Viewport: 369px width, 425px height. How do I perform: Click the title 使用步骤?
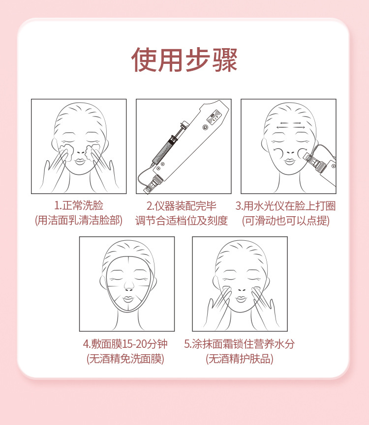184,60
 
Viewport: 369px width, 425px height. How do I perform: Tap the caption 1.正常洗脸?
79,205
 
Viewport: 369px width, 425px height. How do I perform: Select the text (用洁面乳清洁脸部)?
79,220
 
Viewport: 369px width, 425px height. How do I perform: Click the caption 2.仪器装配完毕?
182,206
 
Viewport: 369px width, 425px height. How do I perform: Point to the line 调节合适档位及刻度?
182,221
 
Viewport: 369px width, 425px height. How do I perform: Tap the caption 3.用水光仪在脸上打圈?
286,206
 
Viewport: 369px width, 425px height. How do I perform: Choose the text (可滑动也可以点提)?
286,221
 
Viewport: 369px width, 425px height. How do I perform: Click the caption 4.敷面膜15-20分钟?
125,344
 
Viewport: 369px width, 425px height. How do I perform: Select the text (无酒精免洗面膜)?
125,359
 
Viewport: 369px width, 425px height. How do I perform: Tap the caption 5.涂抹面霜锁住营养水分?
239,344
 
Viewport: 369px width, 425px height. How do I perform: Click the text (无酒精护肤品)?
239,359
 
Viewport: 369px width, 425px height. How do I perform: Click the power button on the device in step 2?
205,127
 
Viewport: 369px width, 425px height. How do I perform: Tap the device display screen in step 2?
214,116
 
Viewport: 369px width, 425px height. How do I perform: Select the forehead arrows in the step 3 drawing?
291,125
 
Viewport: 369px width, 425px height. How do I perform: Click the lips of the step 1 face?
80,162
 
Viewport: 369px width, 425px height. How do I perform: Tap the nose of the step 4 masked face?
128,286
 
